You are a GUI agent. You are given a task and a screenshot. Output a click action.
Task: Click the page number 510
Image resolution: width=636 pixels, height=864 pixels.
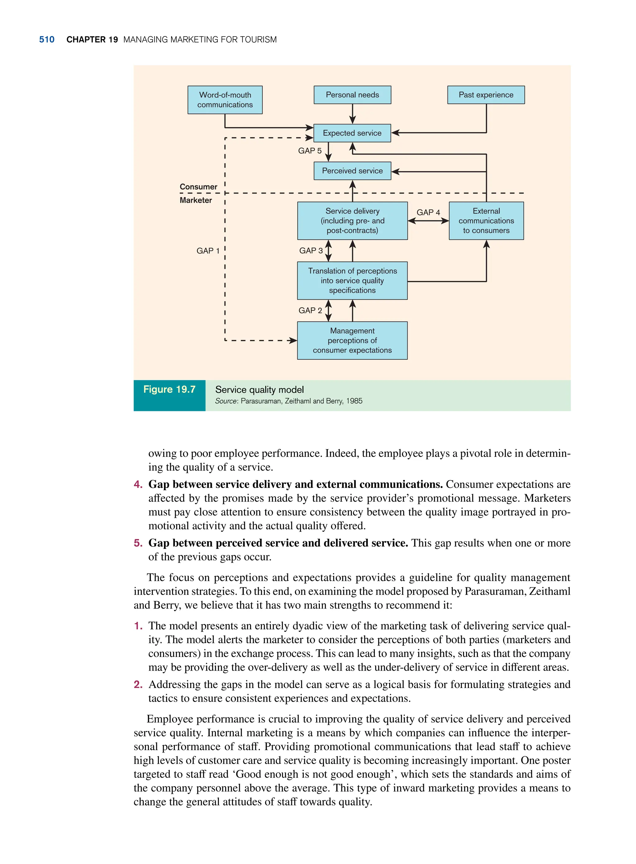coord(47,40)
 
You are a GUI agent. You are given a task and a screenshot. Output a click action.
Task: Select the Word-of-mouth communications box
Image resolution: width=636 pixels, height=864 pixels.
coord(225,100)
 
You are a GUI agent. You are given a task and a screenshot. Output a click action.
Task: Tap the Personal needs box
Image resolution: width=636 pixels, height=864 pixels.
coord(352,95)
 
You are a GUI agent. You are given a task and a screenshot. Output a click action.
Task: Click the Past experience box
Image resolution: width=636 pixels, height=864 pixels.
coord(486,95)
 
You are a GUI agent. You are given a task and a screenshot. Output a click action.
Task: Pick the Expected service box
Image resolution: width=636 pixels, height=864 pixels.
coord(352,133)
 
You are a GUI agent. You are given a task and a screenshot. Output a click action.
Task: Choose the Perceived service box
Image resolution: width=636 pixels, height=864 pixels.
coord(352,171)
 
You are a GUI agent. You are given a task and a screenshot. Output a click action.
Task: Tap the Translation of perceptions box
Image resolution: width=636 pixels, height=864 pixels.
coord(352,281)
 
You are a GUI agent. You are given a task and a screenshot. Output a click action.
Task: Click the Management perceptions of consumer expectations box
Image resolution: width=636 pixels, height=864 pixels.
coord(352,341)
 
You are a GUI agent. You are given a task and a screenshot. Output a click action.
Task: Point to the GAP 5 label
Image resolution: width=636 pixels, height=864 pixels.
coord(310,151)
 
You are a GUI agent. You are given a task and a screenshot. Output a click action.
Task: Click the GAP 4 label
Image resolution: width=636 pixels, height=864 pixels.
coord(428,212)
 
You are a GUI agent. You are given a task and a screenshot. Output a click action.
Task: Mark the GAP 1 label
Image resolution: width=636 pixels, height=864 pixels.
coord(208,251)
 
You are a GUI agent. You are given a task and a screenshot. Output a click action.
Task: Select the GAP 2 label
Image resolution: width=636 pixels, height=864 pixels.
coord(310,310)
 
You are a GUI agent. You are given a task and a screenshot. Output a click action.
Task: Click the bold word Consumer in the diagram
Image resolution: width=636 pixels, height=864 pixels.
coord(198,187)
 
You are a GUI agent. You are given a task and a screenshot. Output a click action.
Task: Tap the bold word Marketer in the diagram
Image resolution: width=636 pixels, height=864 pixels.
coord(196,201)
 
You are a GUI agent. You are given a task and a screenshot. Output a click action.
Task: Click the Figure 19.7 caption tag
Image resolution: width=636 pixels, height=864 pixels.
coord(169,390)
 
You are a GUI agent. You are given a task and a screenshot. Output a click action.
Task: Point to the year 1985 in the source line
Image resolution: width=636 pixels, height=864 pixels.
coord(354,401)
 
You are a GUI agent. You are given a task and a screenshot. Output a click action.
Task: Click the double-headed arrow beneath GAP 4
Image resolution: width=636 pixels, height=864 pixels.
coord(428,221)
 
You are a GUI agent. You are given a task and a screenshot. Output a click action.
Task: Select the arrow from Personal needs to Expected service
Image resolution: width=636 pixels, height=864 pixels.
coord(352,114)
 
